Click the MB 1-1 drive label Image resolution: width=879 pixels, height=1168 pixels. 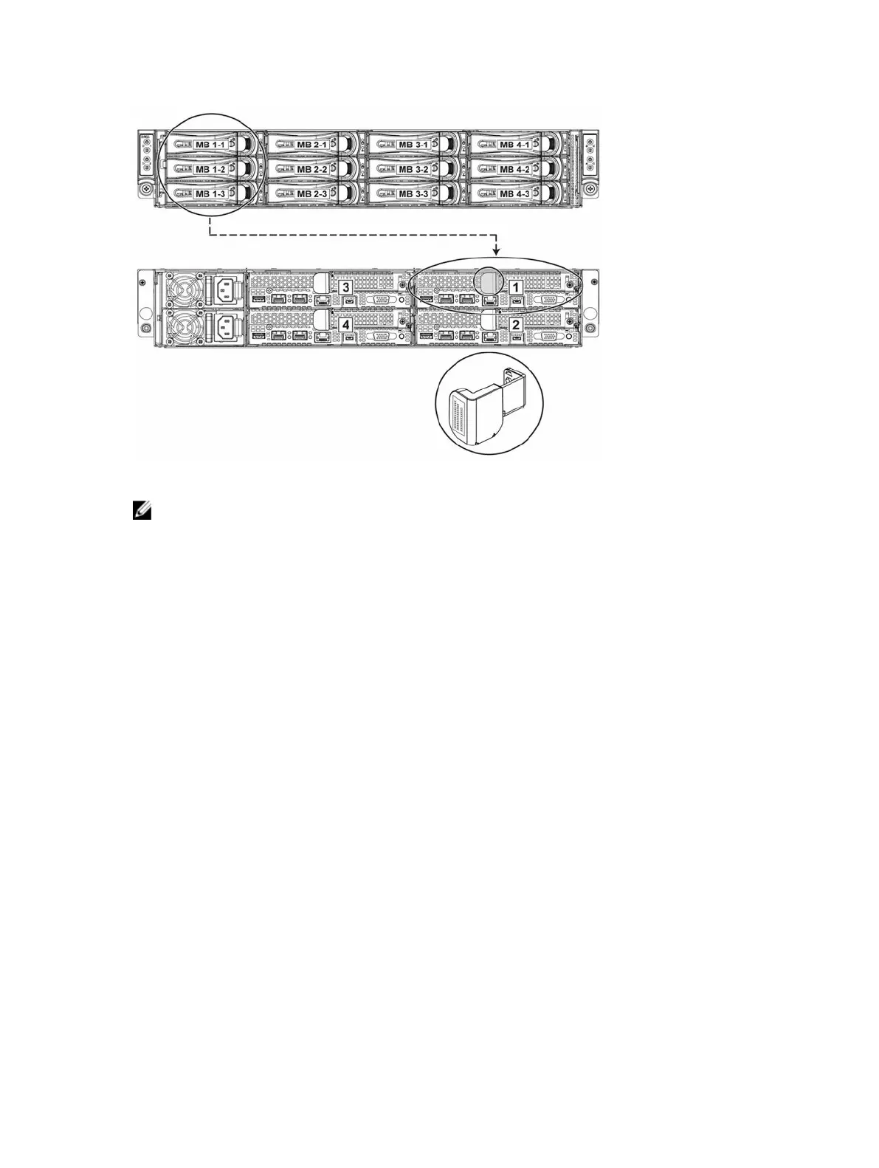211,145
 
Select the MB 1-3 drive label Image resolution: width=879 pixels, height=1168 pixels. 211,194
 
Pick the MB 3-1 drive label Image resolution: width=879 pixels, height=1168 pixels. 413,145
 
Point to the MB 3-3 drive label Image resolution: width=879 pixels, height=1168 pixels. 413,194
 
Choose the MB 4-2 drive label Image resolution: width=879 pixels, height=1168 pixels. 515,170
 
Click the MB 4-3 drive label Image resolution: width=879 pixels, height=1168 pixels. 515,194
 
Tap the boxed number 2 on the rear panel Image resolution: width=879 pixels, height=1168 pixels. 517,324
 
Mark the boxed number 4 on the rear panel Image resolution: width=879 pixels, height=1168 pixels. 345,324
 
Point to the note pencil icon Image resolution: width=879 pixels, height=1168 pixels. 142,510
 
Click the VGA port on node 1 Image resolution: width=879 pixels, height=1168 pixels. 551,300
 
